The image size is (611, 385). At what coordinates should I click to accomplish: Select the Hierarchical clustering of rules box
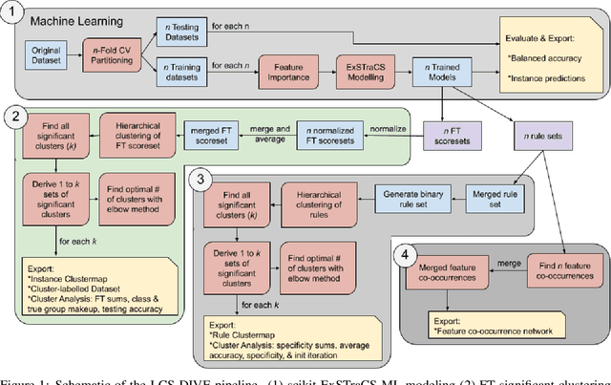click(316, 202)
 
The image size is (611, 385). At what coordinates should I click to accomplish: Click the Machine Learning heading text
click(79, 18)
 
